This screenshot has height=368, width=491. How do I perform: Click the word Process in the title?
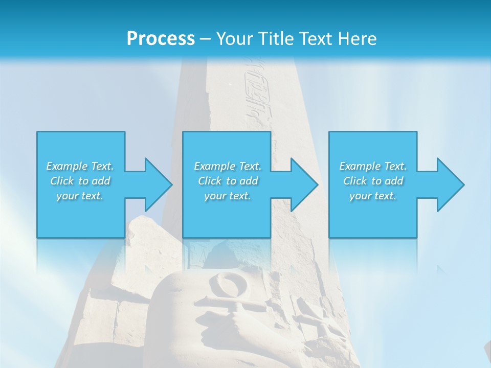161,38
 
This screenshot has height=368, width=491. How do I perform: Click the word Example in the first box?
67,166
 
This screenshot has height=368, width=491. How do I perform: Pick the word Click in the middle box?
209,181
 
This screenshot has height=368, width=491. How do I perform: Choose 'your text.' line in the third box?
373,196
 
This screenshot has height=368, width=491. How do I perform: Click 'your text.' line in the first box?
80,196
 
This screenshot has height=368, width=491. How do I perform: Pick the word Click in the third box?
354,181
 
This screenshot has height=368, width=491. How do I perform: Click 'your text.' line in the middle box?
228,196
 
